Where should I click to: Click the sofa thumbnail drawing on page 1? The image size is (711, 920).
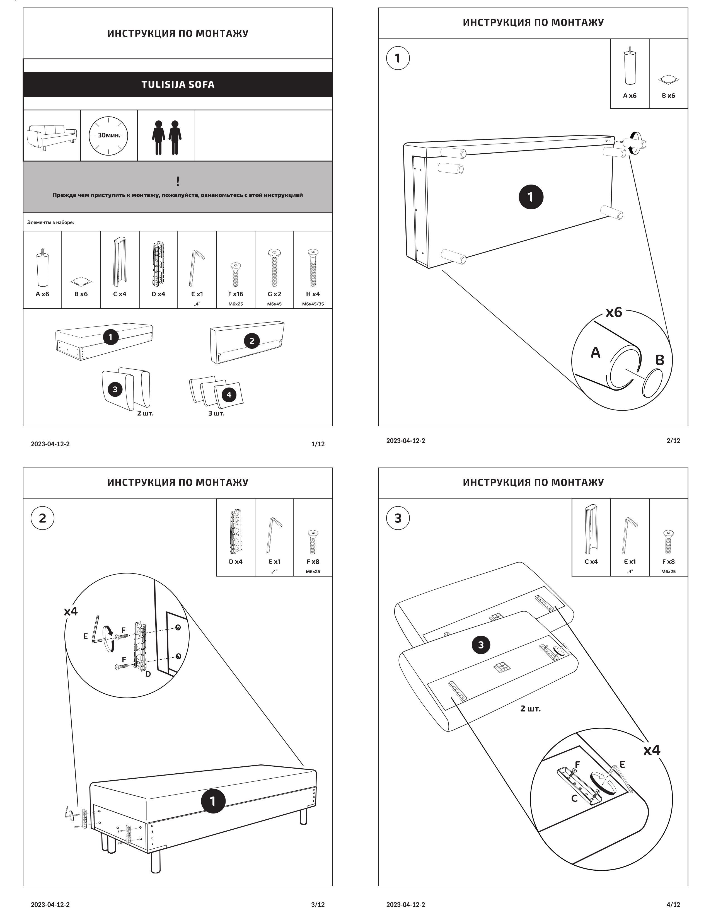pos(51,135)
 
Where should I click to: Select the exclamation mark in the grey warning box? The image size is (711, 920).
pos(178,181)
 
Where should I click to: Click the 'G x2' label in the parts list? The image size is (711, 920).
pos(274,294)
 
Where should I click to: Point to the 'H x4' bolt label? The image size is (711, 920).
pos(313,294)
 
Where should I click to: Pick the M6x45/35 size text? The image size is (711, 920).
pos(313,304)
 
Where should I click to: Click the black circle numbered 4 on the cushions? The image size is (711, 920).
pos(229,395)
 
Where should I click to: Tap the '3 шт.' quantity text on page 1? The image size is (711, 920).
pos(216,413)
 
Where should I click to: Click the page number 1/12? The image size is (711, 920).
pos(318,444)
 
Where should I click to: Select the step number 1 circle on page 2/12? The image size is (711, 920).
pos(398,58)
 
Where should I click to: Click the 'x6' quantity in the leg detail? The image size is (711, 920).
pos(614,313)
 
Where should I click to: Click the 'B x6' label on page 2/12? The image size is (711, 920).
pos(668,96)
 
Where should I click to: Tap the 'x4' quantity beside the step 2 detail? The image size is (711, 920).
pos(71,611)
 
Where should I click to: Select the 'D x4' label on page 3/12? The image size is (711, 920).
pos(235,561)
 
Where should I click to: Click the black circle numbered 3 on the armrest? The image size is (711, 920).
pos(481,645)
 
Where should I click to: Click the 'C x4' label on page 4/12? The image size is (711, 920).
pos(591,561)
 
